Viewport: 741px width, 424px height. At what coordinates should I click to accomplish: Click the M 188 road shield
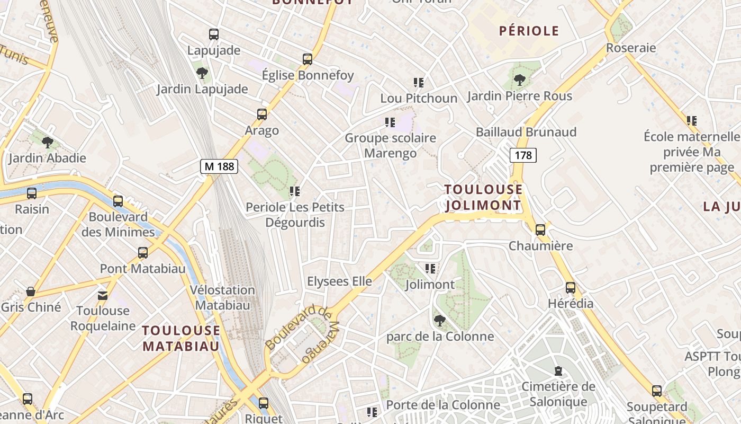(x=219, y=166)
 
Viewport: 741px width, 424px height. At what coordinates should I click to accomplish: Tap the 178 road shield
(x=523, y=155)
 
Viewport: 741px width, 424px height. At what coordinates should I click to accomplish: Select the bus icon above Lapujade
(x=214, y=35)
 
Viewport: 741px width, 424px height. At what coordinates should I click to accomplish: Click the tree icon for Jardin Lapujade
(x=202, y=73)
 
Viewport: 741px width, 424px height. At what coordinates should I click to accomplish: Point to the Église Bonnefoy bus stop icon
(x=308, y=59)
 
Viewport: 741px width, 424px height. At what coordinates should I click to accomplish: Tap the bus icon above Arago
(x=261, y=114)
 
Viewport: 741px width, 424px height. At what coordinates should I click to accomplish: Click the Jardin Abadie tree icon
(x=48, y=142)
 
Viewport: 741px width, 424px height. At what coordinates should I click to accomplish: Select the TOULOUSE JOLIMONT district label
(x=483, y=197)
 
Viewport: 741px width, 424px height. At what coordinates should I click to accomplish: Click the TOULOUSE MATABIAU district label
(x=181, y=338)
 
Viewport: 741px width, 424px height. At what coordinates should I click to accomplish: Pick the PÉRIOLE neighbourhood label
(x=529, y=31)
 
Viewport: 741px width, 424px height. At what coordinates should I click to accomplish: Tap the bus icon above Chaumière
(x=540, y=230)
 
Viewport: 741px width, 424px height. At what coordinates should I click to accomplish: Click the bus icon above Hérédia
(x=571, y=288)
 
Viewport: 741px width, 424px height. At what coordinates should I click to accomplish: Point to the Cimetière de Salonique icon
(x=558, y=371)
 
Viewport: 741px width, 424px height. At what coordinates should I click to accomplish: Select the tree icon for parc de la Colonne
(x=439, y=321)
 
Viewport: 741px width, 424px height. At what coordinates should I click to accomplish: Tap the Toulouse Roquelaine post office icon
(x=103, y=295)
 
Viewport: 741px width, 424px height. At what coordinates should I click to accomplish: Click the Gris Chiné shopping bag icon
(x=31, y=291)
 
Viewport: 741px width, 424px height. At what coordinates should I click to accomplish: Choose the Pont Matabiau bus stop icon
(x=143, y=253)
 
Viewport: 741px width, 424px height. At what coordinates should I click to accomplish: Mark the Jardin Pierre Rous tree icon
(x=520, y=80)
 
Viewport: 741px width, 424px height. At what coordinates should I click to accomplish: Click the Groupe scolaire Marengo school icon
(x=390, y=122)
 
